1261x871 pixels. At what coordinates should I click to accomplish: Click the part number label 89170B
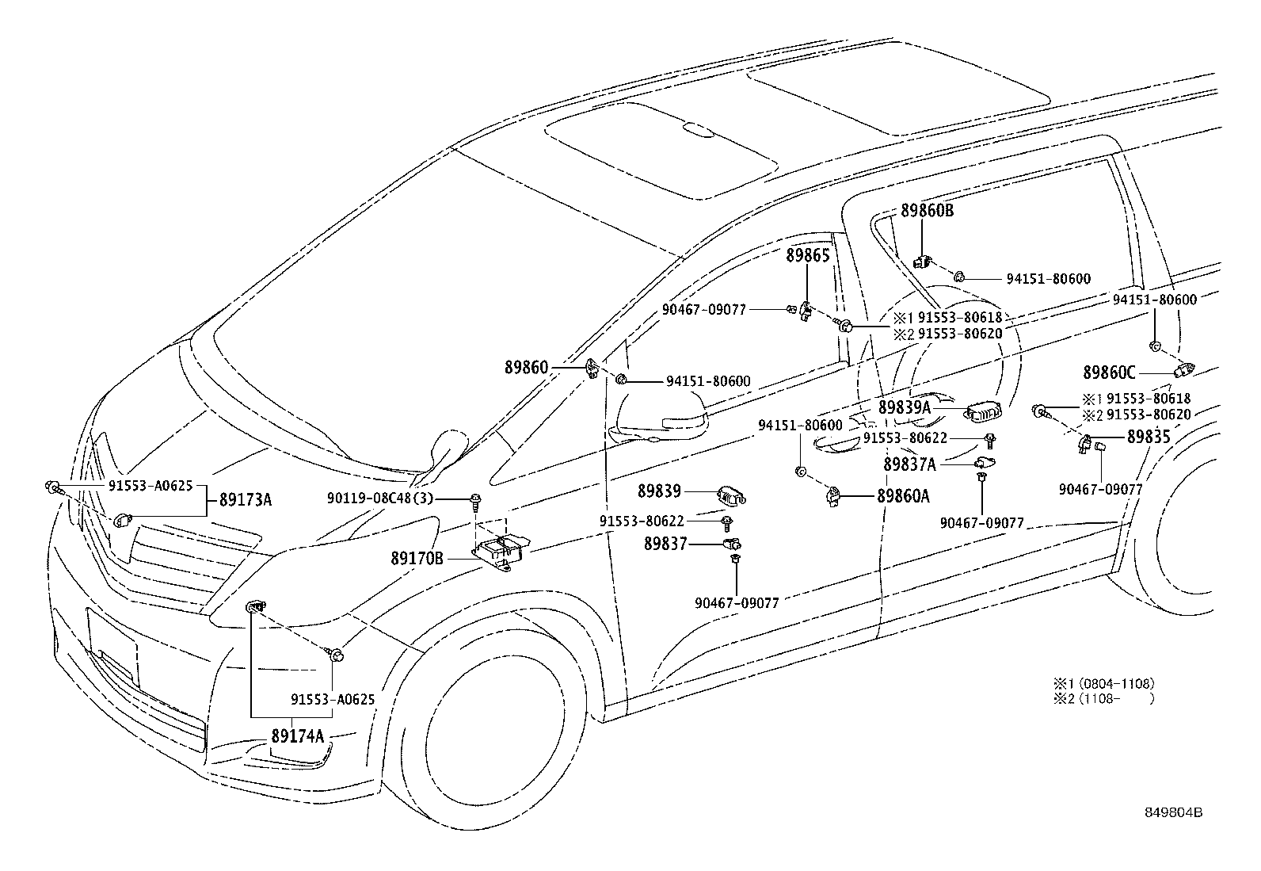[x=417, y=559]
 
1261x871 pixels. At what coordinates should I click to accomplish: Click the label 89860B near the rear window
[x=927, y=211]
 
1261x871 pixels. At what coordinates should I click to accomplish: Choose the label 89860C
[x=1109, y=372]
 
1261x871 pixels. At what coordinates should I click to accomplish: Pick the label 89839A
[x=905, y=407]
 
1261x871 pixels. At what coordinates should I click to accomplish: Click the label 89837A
[x=909, y=464]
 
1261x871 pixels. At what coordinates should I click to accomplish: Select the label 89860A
[x=903, y=496]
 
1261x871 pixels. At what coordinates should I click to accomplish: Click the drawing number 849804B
[x=1173, y=812]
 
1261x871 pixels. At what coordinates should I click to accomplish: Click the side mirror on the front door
[x=659, y=420]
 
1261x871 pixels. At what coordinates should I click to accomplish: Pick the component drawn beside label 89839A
[x=983, y=411]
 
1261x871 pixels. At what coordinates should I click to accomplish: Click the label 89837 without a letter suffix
[x=665, y=544]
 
